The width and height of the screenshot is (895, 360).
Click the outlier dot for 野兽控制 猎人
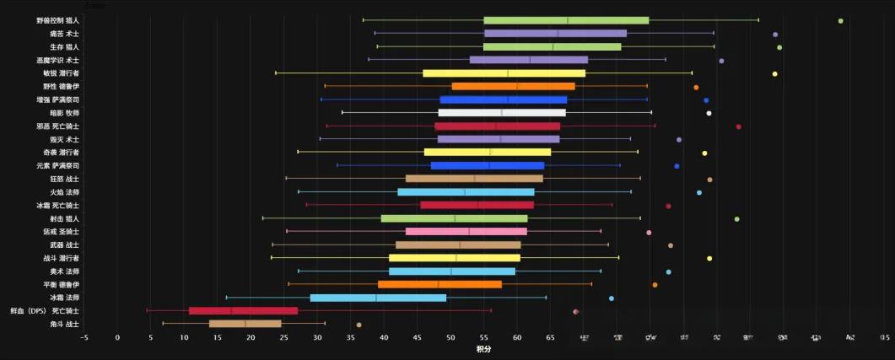(840, 20)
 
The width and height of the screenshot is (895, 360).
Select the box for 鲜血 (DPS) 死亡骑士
(244, 311)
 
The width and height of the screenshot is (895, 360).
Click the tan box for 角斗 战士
(245, 324)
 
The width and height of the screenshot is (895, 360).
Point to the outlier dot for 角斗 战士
(359, 325)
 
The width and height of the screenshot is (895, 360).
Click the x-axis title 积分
(483, 349)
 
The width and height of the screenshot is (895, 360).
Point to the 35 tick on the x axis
(351, 337)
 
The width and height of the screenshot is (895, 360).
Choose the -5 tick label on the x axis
(84, 337)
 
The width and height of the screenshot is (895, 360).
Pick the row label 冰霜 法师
(65, 298)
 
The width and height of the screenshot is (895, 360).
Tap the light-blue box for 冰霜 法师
(378, 298)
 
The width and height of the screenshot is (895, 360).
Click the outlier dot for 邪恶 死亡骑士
(738, 126)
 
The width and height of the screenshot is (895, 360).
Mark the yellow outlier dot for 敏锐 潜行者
(774, 74)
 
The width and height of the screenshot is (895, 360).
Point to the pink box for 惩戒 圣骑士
(466, 232)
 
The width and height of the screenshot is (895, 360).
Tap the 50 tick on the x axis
(450, 337)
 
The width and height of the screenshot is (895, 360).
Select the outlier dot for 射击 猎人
(736, 219)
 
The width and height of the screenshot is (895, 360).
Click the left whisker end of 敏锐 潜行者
(276, 73)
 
